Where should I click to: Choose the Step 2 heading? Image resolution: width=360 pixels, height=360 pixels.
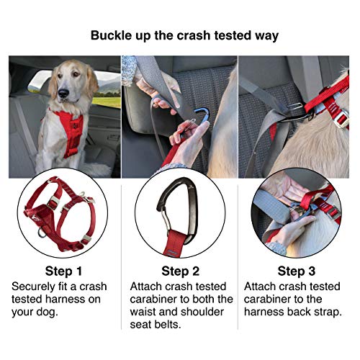pyautogui.click(x=180, y=271)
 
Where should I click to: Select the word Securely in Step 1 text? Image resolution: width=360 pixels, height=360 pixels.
pyautogui.click(x=35, y=287)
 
